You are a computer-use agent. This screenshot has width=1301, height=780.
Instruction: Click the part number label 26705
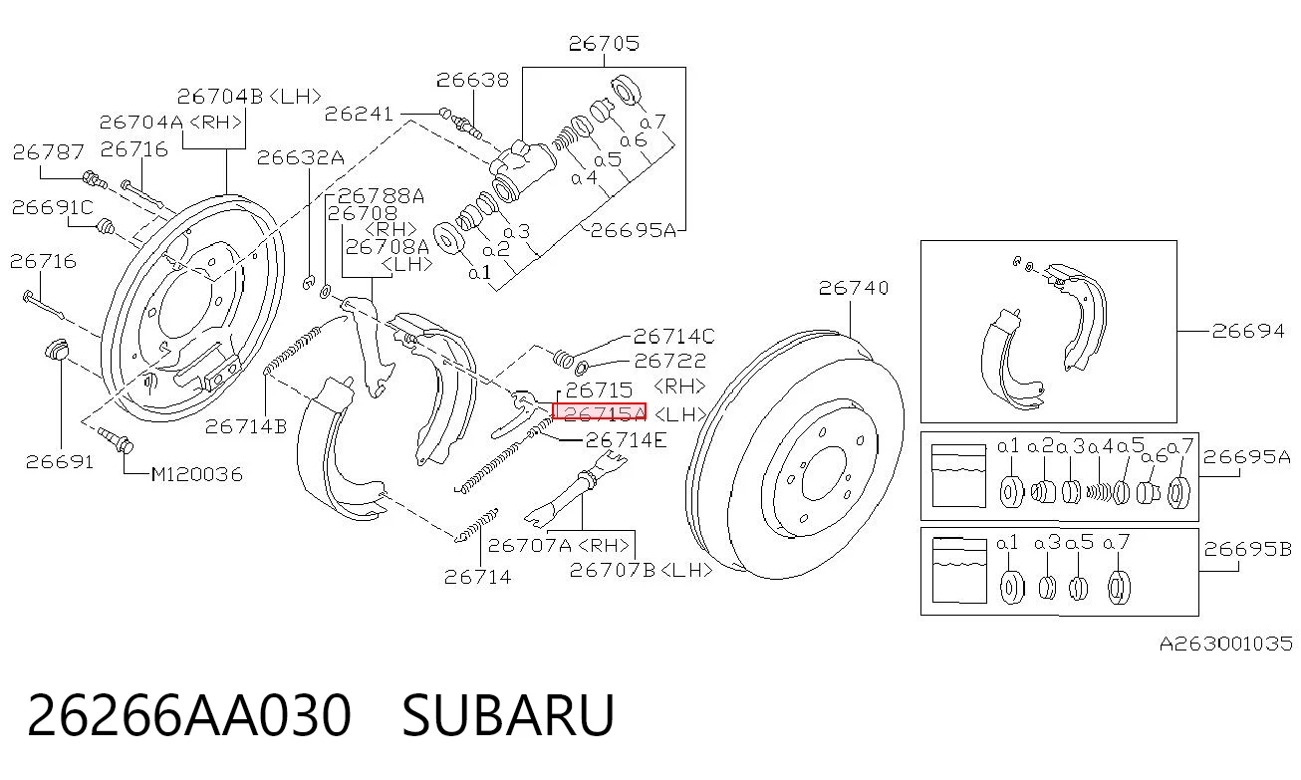tap(604, 44)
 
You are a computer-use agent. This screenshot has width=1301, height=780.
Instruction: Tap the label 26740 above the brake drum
tap(853, 288)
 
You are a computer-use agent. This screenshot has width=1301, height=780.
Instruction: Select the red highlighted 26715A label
tap(599, 411)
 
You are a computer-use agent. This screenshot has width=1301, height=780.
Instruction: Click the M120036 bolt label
tap(197, 474)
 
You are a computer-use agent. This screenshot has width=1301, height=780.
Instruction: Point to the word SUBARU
tap(508, 715)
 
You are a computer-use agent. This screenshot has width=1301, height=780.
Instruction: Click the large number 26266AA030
tap(189, 715)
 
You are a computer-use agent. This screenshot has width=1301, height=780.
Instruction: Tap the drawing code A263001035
tap(1226, 644)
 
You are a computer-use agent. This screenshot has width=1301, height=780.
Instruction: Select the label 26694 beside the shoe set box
tap(1248, 331)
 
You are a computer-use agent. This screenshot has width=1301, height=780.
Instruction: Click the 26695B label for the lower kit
tap(1247, 549)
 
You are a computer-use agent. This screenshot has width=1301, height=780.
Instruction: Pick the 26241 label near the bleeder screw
tap(359, 114)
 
